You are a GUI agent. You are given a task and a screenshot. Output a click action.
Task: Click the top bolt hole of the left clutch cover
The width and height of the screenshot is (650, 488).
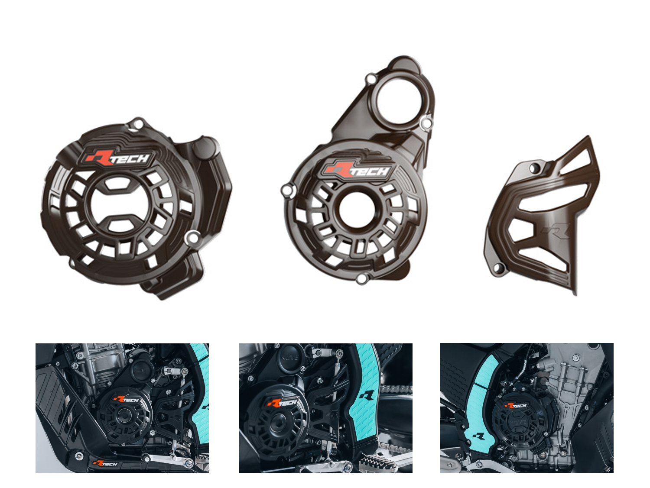[x=138, y=124]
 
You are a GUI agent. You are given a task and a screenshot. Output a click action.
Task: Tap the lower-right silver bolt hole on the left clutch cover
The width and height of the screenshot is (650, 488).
[x=192, y=237]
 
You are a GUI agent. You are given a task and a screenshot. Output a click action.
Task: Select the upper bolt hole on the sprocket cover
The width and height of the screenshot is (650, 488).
[x=534, y=169]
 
